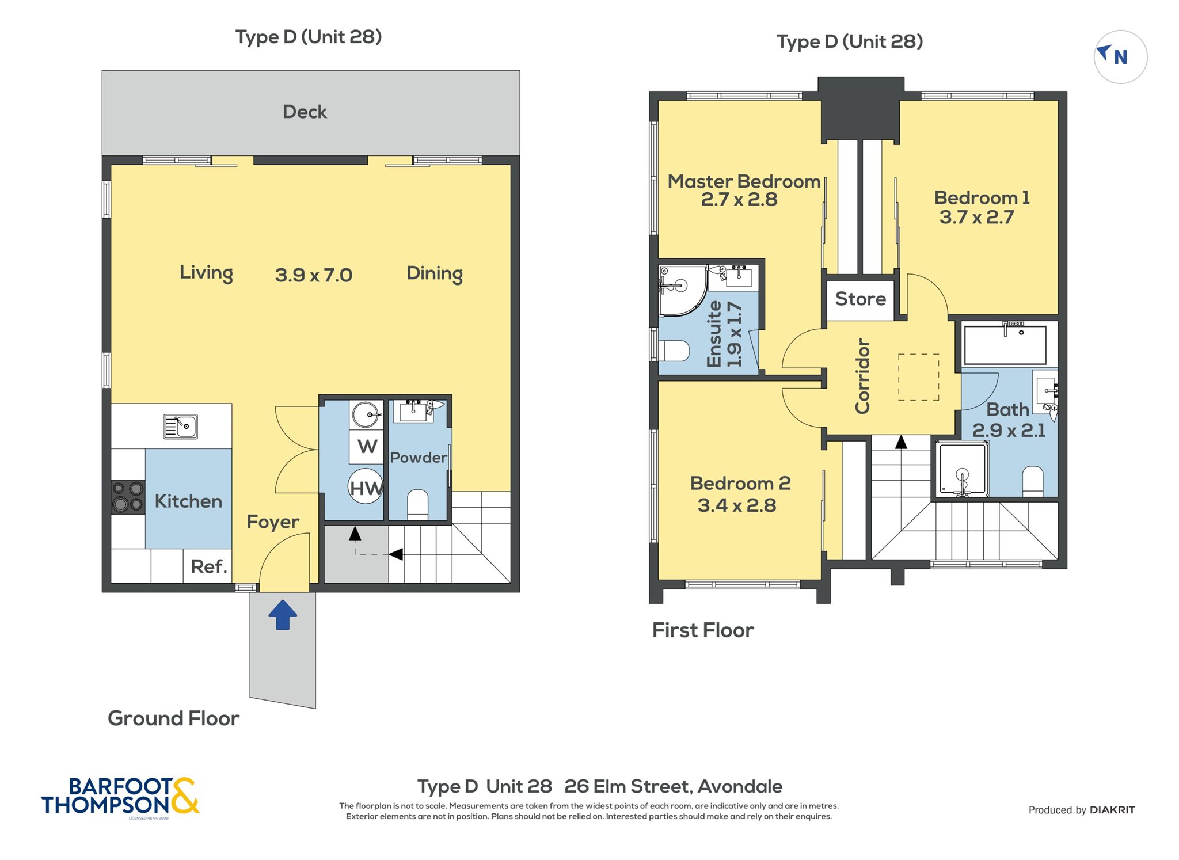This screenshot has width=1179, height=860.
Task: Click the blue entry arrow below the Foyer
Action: click(x=283, y=615)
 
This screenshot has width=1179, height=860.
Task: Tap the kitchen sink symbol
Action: click(x=180, y=427)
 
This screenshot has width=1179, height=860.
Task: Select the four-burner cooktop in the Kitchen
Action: click(x=128, y=497)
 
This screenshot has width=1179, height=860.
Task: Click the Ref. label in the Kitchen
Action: click(x=209, y=566)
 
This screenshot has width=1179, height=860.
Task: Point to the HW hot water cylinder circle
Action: click(x=366, y=486)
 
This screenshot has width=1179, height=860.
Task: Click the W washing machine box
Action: click(x=367, y=447)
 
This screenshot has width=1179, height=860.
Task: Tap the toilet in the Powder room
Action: click(x=417, y=505)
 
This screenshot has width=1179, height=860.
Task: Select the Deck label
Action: click(x=305, y=112)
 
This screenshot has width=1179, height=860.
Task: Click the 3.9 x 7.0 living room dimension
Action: click(x=314, y=275)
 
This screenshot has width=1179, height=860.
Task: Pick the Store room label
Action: click(x=861, y=299)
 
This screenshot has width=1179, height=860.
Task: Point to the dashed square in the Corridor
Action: click(x=919, y=377)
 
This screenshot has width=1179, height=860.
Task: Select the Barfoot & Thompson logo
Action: click(x=120, y=797)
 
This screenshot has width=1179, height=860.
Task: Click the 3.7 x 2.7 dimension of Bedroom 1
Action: click(x=976, y=218)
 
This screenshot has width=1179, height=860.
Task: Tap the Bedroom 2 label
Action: click(x=740, y=483)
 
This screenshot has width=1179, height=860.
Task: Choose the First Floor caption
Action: click(x=703, y=630)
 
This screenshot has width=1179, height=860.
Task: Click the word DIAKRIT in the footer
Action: click(x=1112, y=810)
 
